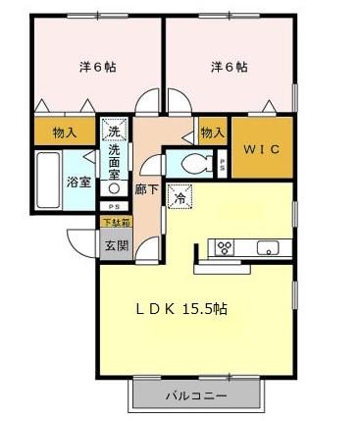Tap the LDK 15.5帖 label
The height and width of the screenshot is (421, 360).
coord(181,308)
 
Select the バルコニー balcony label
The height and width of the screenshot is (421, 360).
coord(196,395)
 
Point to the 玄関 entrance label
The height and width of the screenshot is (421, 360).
coord(116,245)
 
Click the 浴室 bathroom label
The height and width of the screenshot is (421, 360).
coord(78,182)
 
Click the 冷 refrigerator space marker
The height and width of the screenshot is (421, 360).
coord(180,197)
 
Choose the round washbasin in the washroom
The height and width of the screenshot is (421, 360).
coord(115,187)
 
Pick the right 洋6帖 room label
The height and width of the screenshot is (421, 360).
coord(228,67)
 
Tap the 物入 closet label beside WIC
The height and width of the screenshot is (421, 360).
coord(212,132)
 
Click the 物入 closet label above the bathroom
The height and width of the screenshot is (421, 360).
coord(65,132)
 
